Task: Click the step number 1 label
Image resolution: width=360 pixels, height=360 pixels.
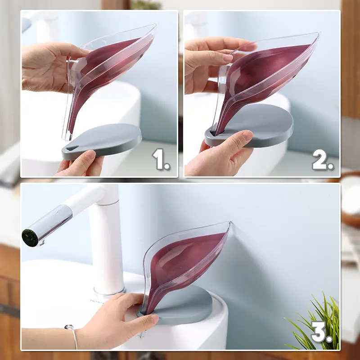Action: (x=161, y=159)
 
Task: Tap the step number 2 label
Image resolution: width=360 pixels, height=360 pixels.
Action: (x=323, y=159)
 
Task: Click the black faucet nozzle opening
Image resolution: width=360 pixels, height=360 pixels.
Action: (x=30, y=238)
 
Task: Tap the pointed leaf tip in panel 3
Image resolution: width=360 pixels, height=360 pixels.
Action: (x=229, y=224)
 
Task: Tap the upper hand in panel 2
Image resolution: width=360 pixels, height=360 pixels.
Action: (x=207, y=58)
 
